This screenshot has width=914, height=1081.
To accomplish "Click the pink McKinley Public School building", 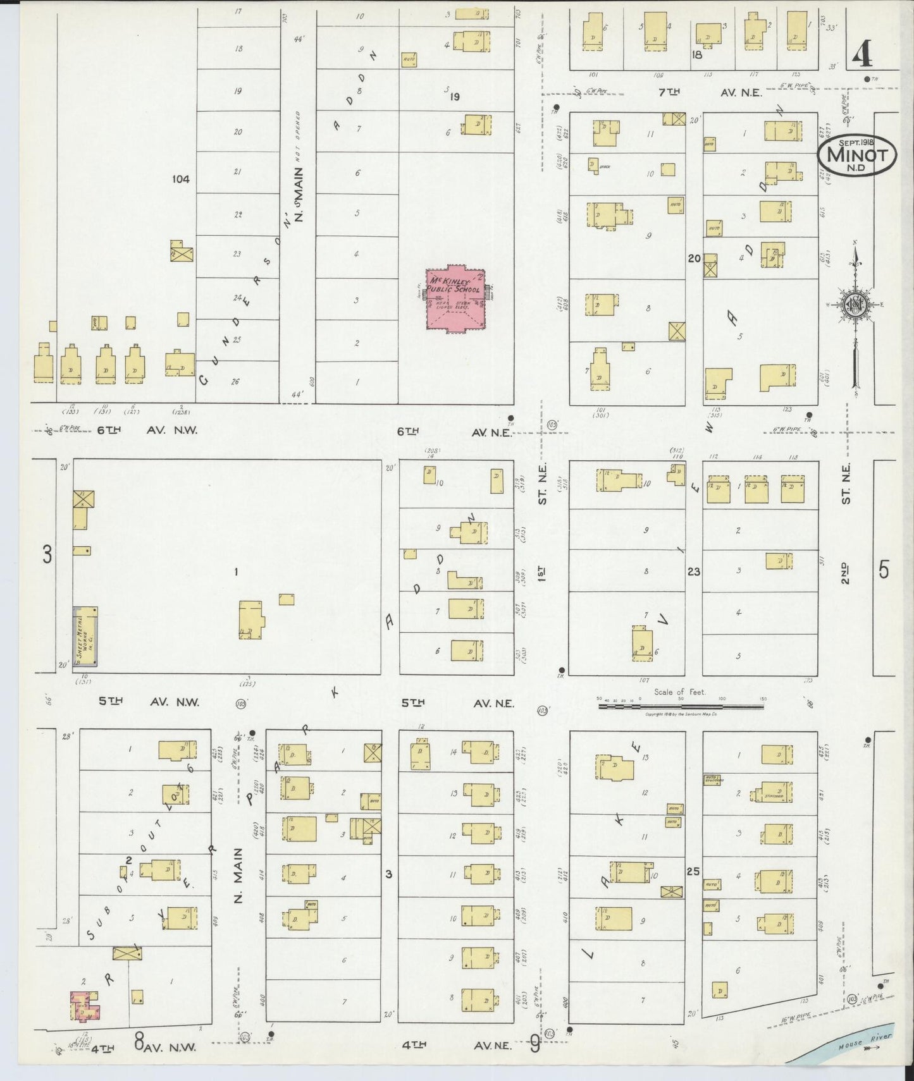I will (456, 300).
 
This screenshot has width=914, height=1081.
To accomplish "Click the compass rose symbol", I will (855, 306).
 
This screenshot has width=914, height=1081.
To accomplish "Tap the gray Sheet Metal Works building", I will (85, 636).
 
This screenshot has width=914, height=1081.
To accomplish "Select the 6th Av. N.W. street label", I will (148, 431).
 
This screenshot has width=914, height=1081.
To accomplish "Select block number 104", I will (181, 180).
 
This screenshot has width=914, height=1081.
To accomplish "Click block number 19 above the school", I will (454, 97).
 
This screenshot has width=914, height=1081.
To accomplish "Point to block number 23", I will (694, 571).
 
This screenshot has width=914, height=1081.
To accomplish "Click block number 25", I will (694, 872).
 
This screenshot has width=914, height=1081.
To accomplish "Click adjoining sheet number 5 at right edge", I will (883, 570).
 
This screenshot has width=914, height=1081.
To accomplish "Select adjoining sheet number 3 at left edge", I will (46, 555).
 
